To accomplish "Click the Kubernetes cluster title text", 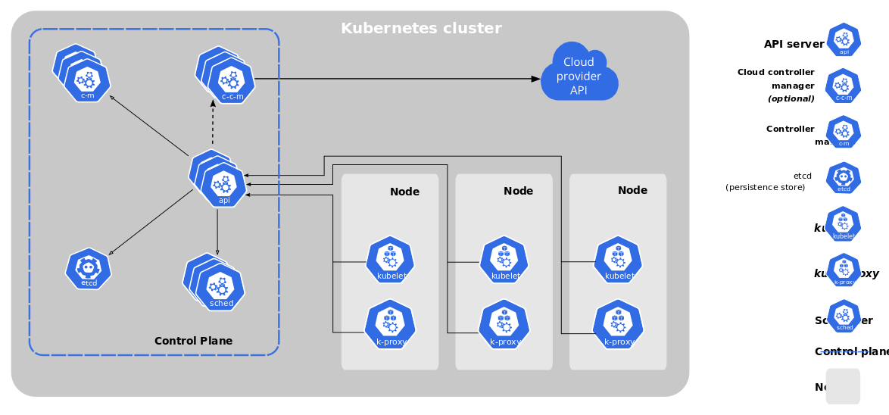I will coord(421,29).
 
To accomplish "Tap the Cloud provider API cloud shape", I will coord(579,76).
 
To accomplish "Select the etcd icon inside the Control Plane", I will coord(89,270).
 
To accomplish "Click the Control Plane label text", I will coord(193,341).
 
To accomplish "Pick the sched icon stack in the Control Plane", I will coord(218,286).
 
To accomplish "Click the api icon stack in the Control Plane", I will coord(222,183).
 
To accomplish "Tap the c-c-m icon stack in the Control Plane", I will coord(229,80).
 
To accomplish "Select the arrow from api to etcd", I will coord(151,222).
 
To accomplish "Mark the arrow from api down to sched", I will coord(218,231).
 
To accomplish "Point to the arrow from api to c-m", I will coord(151,127).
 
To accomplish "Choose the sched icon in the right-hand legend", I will coord(844,317).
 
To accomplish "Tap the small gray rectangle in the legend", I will coord(843,385).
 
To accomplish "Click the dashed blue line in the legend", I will coord(844,351).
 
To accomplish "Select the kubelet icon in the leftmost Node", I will coord(390,261).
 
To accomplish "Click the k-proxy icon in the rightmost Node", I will coord(618,323).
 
